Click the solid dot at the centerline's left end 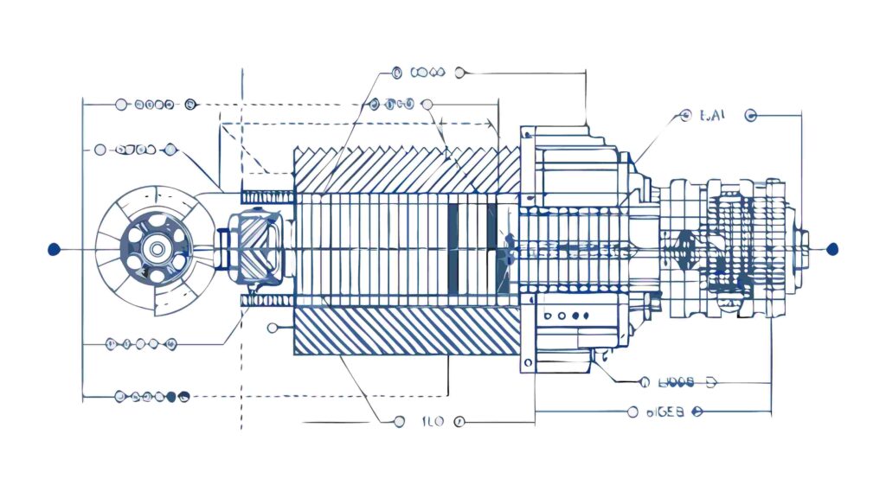(55, 249)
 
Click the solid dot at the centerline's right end (832, 249)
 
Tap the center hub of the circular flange (157, 249)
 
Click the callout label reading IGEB (665, 412)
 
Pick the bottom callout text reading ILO (432, 422)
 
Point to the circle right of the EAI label (750, 114)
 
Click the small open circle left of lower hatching (273, 327)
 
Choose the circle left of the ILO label (398, 422)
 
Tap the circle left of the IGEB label (633, 412)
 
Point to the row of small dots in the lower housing (568, 316)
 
